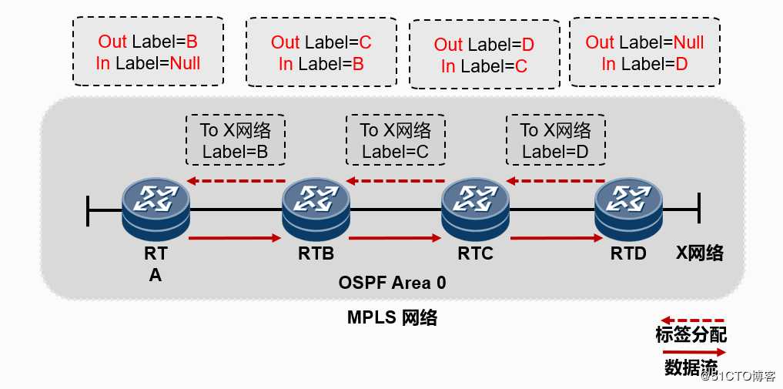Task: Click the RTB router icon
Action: (x=316, y=210)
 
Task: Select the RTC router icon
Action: (x=475, y=210)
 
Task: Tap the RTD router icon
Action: (x=629, y=210)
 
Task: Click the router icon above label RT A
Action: (x=156, y=210)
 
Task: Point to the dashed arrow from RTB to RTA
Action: (x=236, y=181)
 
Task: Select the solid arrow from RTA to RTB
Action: (x=235, y=238)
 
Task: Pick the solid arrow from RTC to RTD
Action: (x=557, y=238)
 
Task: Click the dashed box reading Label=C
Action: (x=396, y=140)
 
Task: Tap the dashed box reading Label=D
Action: (x=555, y=140)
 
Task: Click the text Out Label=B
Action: (x=148, y=42)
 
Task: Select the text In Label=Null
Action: (x=148, y=63)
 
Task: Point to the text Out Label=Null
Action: (x=644, y=42)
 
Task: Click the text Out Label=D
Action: (x=484, y=45)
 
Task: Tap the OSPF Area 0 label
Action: (x=393, y=283)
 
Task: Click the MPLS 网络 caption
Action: (x=393, y=317)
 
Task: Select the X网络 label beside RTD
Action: (x=700, y=253)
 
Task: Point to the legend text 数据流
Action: (x=691, y=367)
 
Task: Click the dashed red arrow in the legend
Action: (x=692, y=320)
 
